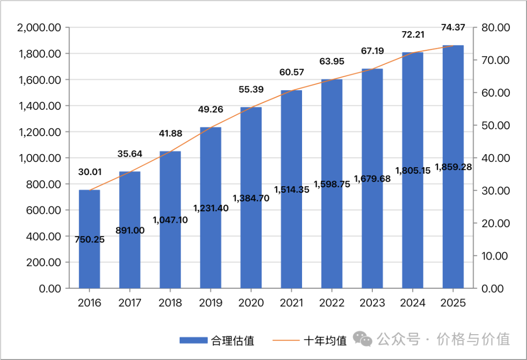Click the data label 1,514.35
291,190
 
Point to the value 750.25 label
89,240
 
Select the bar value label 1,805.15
413,170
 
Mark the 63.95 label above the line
332,61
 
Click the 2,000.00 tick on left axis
39,28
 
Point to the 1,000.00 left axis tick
39,158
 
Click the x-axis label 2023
372,303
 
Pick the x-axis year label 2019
211,303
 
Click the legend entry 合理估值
217,340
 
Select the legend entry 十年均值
312,340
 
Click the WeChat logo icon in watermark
364,339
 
